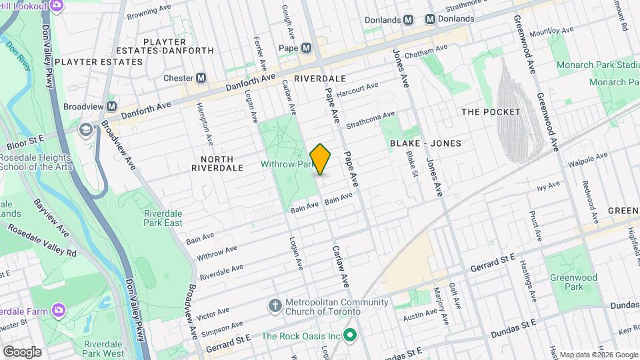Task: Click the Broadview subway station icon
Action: tap(111, 107)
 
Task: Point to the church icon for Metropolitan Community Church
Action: tap(274, 305)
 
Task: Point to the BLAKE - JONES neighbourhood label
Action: tap(425, 143)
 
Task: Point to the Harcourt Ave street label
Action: tap(357, 89)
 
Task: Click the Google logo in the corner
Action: tap(21, 351)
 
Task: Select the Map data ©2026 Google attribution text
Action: tap(597, 355)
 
